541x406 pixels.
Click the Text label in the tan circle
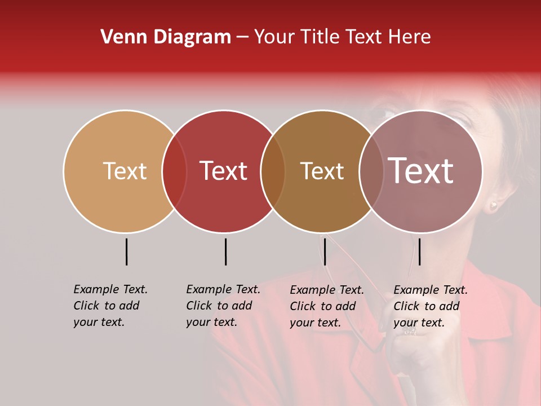[125, 171]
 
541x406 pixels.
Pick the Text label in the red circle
[223, 171]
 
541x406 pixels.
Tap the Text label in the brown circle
[322, 171]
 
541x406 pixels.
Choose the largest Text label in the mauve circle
[420, 171]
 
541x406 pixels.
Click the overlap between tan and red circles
[174, 171]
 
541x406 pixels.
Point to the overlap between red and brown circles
[273, 171]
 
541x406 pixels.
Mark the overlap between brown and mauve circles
[371, 171]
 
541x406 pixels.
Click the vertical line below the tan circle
[127, 251]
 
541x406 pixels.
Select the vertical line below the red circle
[225, 251]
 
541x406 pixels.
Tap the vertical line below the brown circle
[325, 251]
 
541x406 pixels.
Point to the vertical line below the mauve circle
[419, 251]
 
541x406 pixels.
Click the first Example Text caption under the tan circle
[110, 289]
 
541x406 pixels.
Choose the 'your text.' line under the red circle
[211, 323]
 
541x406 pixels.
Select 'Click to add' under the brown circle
[323, 306]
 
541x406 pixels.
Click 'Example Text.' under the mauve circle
[431, 290]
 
